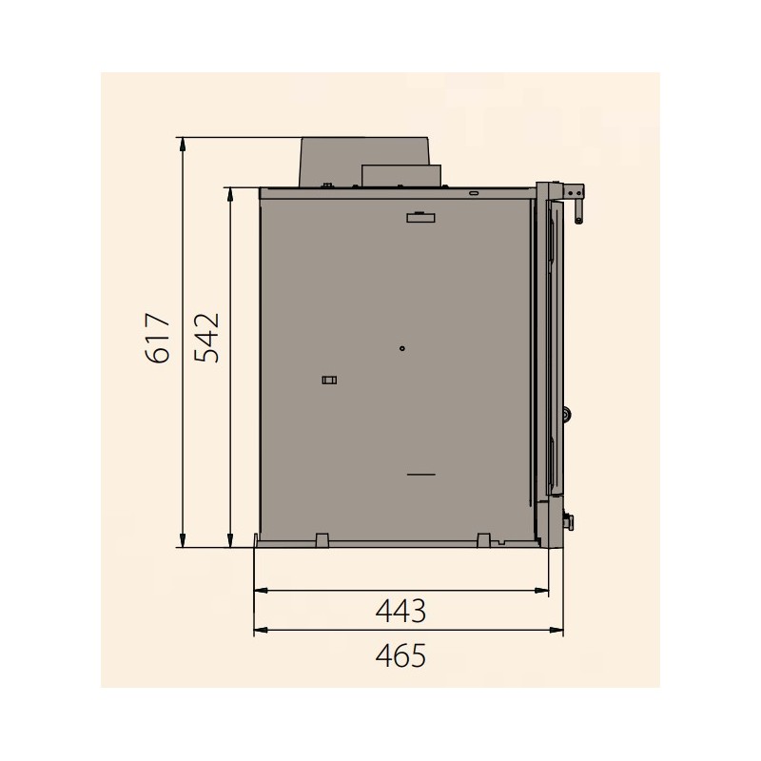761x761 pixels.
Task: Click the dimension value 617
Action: (158, 339)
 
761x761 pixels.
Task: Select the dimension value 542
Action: (206, 338)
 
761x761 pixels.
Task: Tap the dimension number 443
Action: (400, 611)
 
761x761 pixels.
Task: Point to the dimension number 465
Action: (400, 655)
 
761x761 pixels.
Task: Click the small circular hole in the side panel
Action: (401, 348)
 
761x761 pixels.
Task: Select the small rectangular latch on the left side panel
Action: (329, 380)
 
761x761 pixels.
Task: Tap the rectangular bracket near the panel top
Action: (420, 218)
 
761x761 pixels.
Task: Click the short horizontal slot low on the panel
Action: (421, 474)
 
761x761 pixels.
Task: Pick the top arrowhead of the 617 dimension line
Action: (183, 145)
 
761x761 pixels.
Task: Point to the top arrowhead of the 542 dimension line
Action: (230, 195)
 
